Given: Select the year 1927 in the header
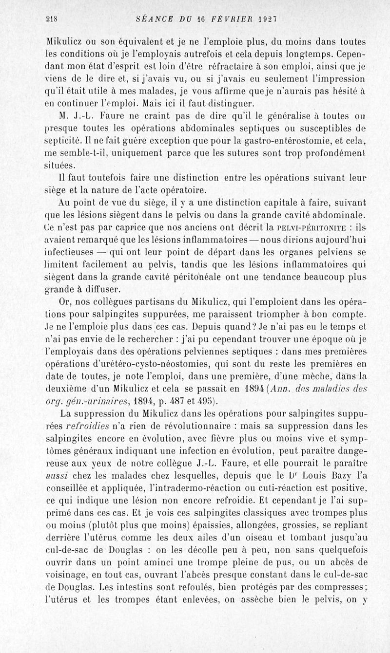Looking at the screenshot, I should coord(267,20).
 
